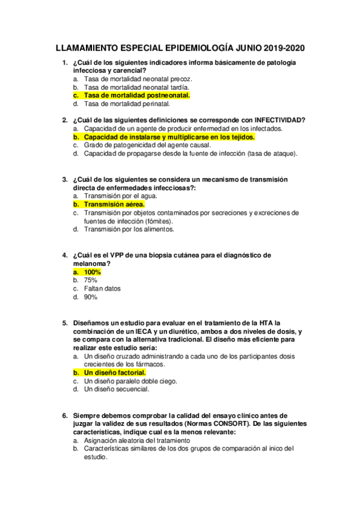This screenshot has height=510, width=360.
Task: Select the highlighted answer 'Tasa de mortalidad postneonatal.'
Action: [137, 95]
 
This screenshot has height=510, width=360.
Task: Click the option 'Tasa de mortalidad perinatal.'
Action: [127, 103]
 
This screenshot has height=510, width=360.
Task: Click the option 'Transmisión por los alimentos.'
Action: [129, 229]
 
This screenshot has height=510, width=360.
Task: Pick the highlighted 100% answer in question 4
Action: [93, 272]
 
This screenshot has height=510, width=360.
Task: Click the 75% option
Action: [91, 280]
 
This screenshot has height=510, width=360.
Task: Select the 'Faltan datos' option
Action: [102, 289]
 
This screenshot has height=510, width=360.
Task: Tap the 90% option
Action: [91, 297]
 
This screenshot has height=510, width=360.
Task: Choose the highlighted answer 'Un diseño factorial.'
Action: [115, 373]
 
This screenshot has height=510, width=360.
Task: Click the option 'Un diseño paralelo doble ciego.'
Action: [132, 381]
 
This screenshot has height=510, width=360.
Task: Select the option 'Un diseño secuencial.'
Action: [117, 390]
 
